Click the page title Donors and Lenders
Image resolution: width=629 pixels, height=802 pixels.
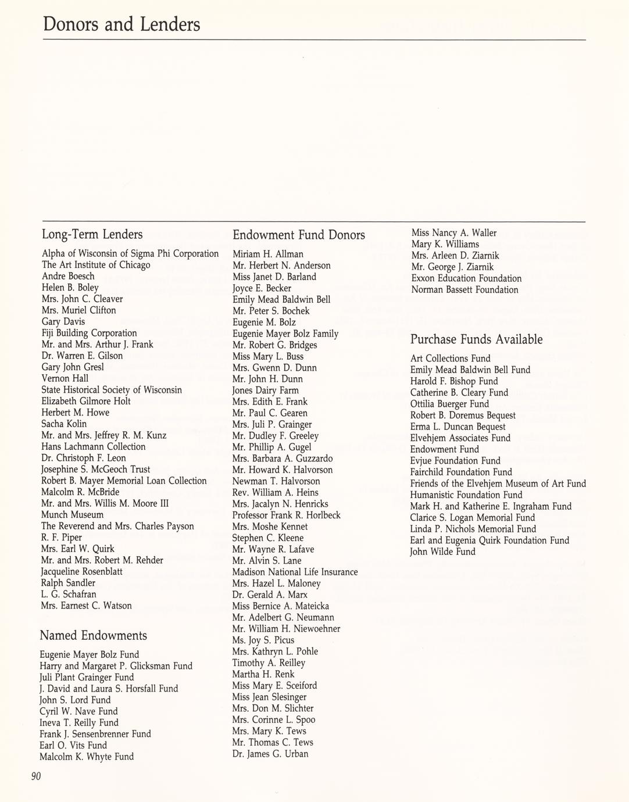[121, 24]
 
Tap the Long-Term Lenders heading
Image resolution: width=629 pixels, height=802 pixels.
[92, 235]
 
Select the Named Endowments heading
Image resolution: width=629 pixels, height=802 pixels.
[93, 635]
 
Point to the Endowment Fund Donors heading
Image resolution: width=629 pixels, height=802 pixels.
[299, 235]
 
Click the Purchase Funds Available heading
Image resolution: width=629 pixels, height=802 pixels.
[476, 339]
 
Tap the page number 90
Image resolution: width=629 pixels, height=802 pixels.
[36, 776]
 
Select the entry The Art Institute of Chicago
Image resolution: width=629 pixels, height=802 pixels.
[95, 265]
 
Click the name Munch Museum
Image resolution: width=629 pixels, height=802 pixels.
[72, 515]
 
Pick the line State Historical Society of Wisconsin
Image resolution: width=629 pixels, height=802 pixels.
[111, 390]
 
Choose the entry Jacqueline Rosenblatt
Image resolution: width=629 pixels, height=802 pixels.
[82, 572]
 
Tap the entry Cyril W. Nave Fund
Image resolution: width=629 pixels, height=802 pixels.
[78, 711]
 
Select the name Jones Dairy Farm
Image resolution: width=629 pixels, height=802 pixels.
[265, 391]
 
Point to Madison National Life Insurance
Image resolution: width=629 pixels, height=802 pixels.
[295, 572]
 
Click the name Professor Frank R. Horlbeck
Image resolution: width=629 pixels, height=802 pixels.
[286, 515]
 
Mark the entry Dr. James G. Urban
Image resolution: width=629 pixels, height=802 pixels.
[270, 754]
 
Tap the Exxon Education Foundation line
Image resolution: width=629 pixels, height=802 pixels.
[466, 278]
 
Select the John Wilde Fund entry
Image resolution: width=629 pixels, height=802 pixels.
[442, 552]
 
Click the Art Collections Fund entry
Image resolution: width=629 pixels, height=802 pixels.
[450, 359]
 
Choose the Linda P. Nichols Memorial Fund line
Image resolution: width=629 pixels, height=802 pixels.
[473, 529]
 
